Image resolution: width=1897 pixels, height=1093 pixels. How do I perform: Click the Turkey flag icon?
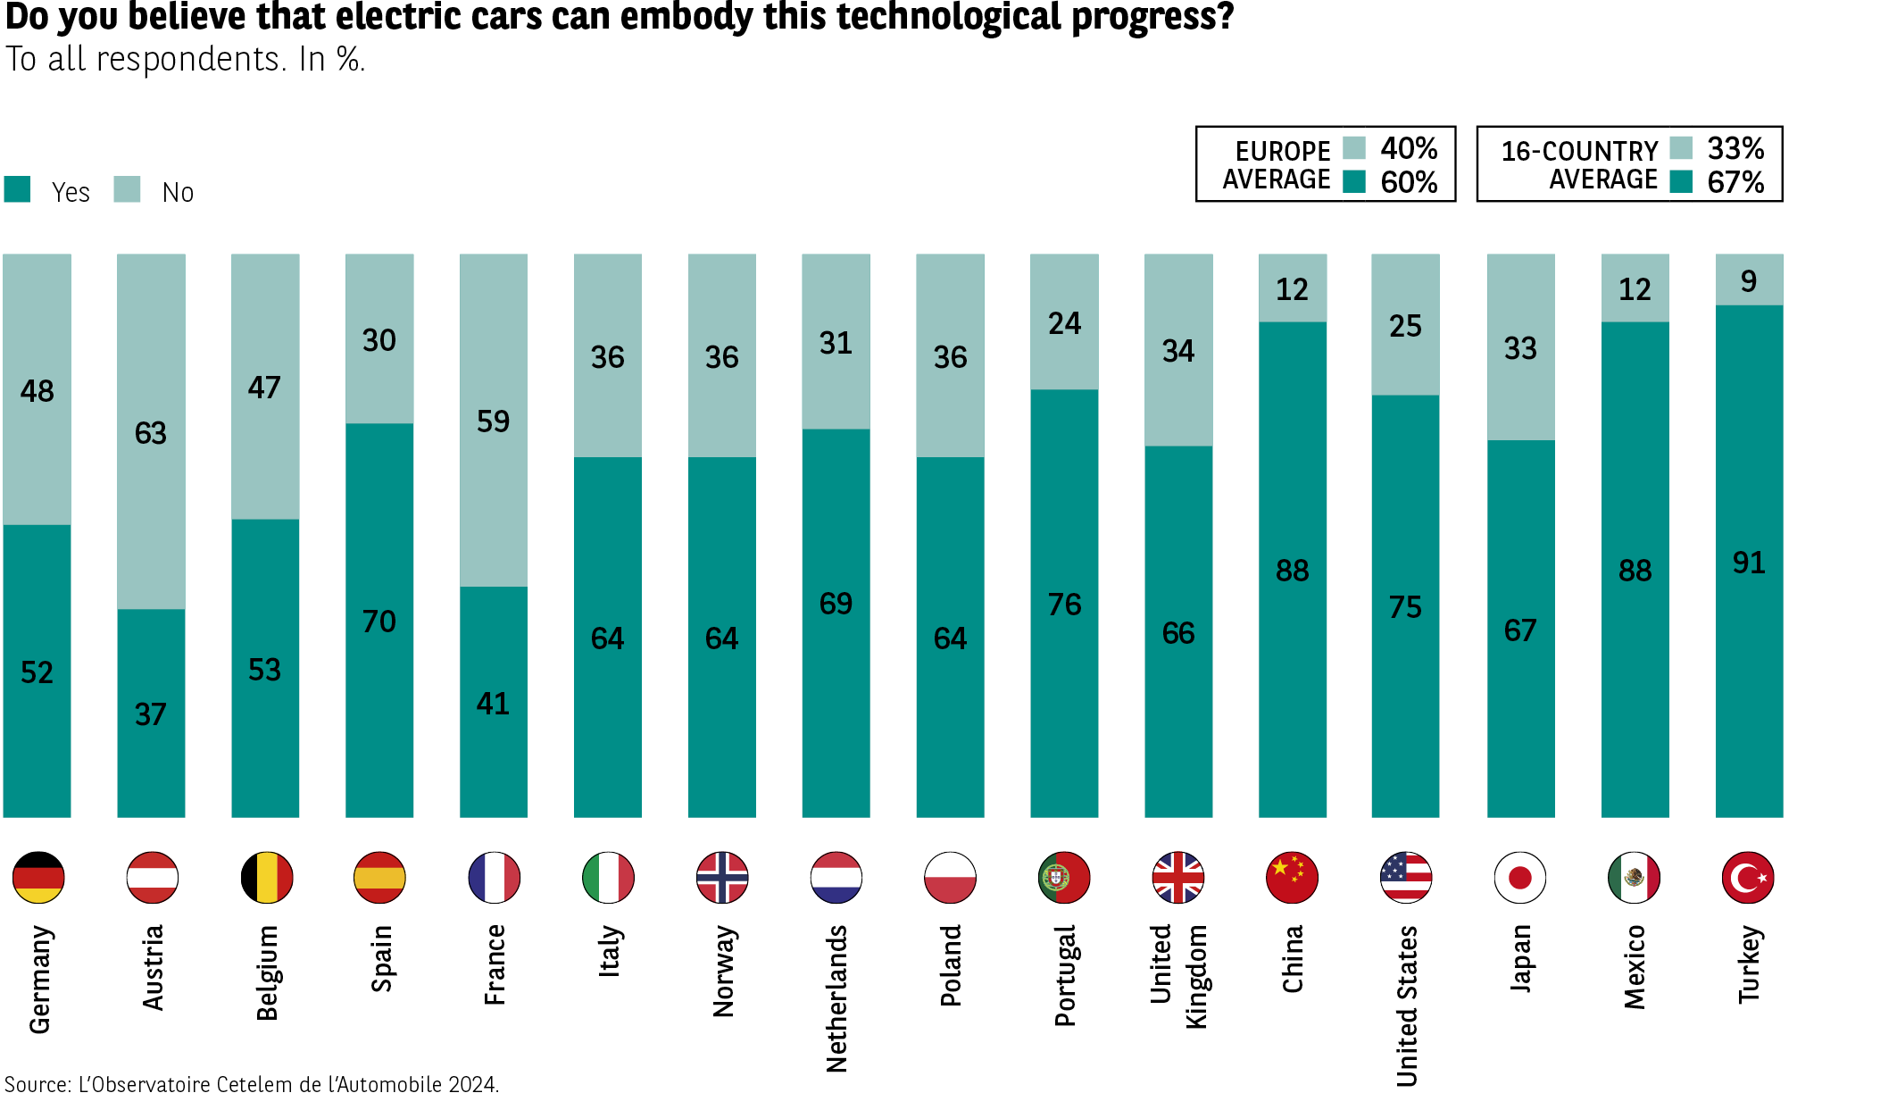tap(1748, 878)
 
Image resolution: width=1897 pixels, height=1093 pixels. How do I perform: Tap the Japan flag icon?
tap(1519, 878)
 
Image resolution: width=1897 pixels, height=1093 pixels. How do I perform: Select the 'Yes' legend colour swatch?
tap(17, 189)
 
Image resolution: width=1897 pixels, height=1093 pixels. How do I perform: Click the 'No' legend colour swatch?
tap(127, 189)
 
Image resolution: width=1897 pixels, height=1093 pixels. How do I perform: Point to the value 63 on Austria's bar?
tap(151, 433)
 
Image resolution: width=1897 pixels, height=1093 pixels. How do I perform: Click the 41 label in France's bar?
tap(493, 704)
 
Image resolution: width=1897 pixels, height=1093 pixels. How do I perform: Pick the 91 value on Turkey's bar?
tap(1749, 563)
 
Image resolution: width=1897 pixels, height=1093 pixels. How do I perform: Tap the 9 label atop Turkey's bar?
tap(1749, 281)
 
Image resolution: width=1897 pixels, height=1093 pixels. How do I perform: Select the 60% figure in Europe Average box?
tap(1409, 182)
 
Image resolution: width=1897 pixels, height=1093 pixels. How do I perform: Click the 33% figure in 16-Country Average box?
tap(1735, 147)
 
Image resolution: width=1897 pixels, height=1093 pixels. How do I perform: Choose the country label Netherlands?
tap(836, 998)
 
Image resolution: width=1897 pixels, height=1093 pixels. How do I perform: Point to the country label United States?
tap(1407, 1005)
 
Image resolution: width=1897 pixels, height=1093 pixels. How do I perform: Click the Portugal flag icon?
tap(1064, 878)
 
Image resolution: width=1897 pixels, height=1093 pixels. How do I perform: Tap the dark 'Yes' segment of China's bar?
tap(1293, 625)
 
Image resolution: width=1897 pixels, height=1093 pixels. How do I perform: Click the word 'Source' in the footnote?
tap(37, 1084)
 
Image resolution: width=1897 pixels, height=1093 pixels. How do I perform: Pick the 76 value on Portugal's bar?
tap(1064, 605)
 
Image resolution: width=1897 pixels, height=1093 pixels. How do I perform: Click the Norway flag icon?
tap(722, 878)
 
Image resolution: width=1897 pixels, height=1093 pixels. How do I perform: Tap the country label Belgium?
tap(267, 972)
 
